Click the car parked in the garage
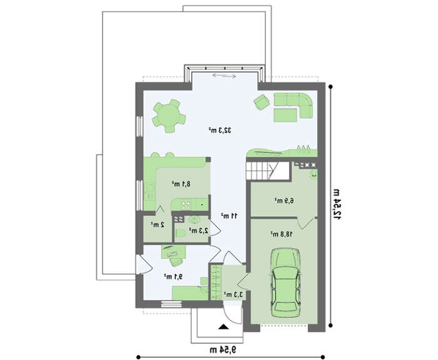[x=286, y=282]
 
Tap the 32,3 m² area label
[x=220, y=130]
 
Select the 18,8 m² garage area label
[x=282, y=234]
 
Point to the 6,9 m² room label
[x=284, y=200]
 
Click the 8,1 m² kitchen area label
[x=181, y=183]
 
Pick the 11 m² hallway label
[x=230, y=215]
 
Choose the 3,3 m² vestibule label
[x=233, y=294]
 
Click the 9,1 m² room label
[x=173, y=277]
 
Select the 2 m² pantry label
[x=158, y=224]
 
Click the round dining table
[x=168, y=115]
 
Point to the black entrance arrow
[x=223, y=326]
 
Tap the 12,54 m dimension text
[x=337, y=204]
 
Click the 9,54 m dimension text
[x=223, y=349]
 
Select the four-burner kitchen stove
[x=186, y=205]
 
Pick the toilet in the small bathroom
[x=180, y=233]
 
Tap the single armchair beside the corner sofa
[x=262, y=102]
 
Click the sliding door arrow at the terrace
[x=224, y=75]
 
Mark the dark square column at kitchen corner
[x=208, y=160]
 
